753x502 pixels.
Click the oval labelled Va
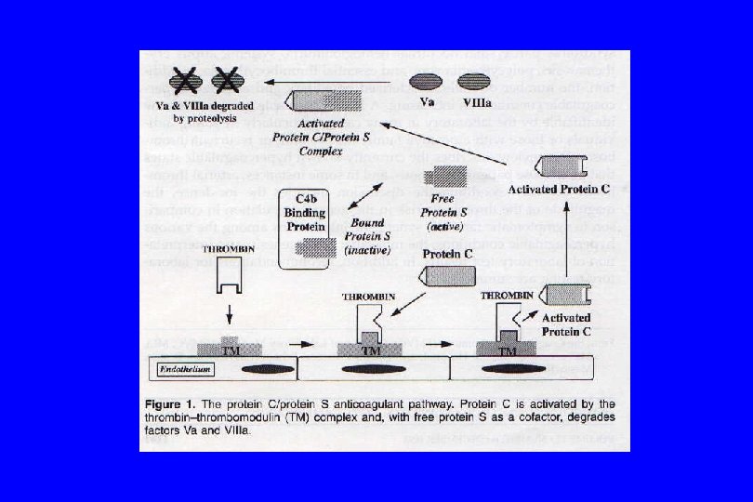tap(428, 81)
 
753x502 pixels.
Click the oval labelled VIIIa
tap(471, 81)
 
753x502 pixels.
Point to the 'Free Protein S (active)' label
tap(449, 212)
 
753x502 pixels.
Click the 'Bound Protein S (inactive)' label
tap(367, 236)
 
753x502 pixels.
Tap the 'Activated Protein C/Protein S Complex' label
tap(322, 137)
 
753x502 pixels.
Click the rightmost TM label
tap(508, 351)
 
